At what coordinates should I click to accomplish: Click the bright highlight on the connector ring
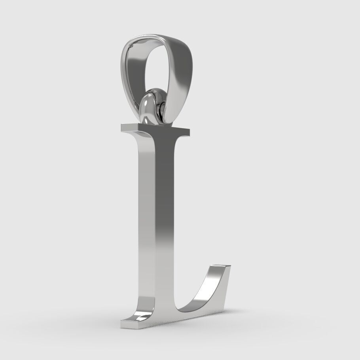click(148, 105)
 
